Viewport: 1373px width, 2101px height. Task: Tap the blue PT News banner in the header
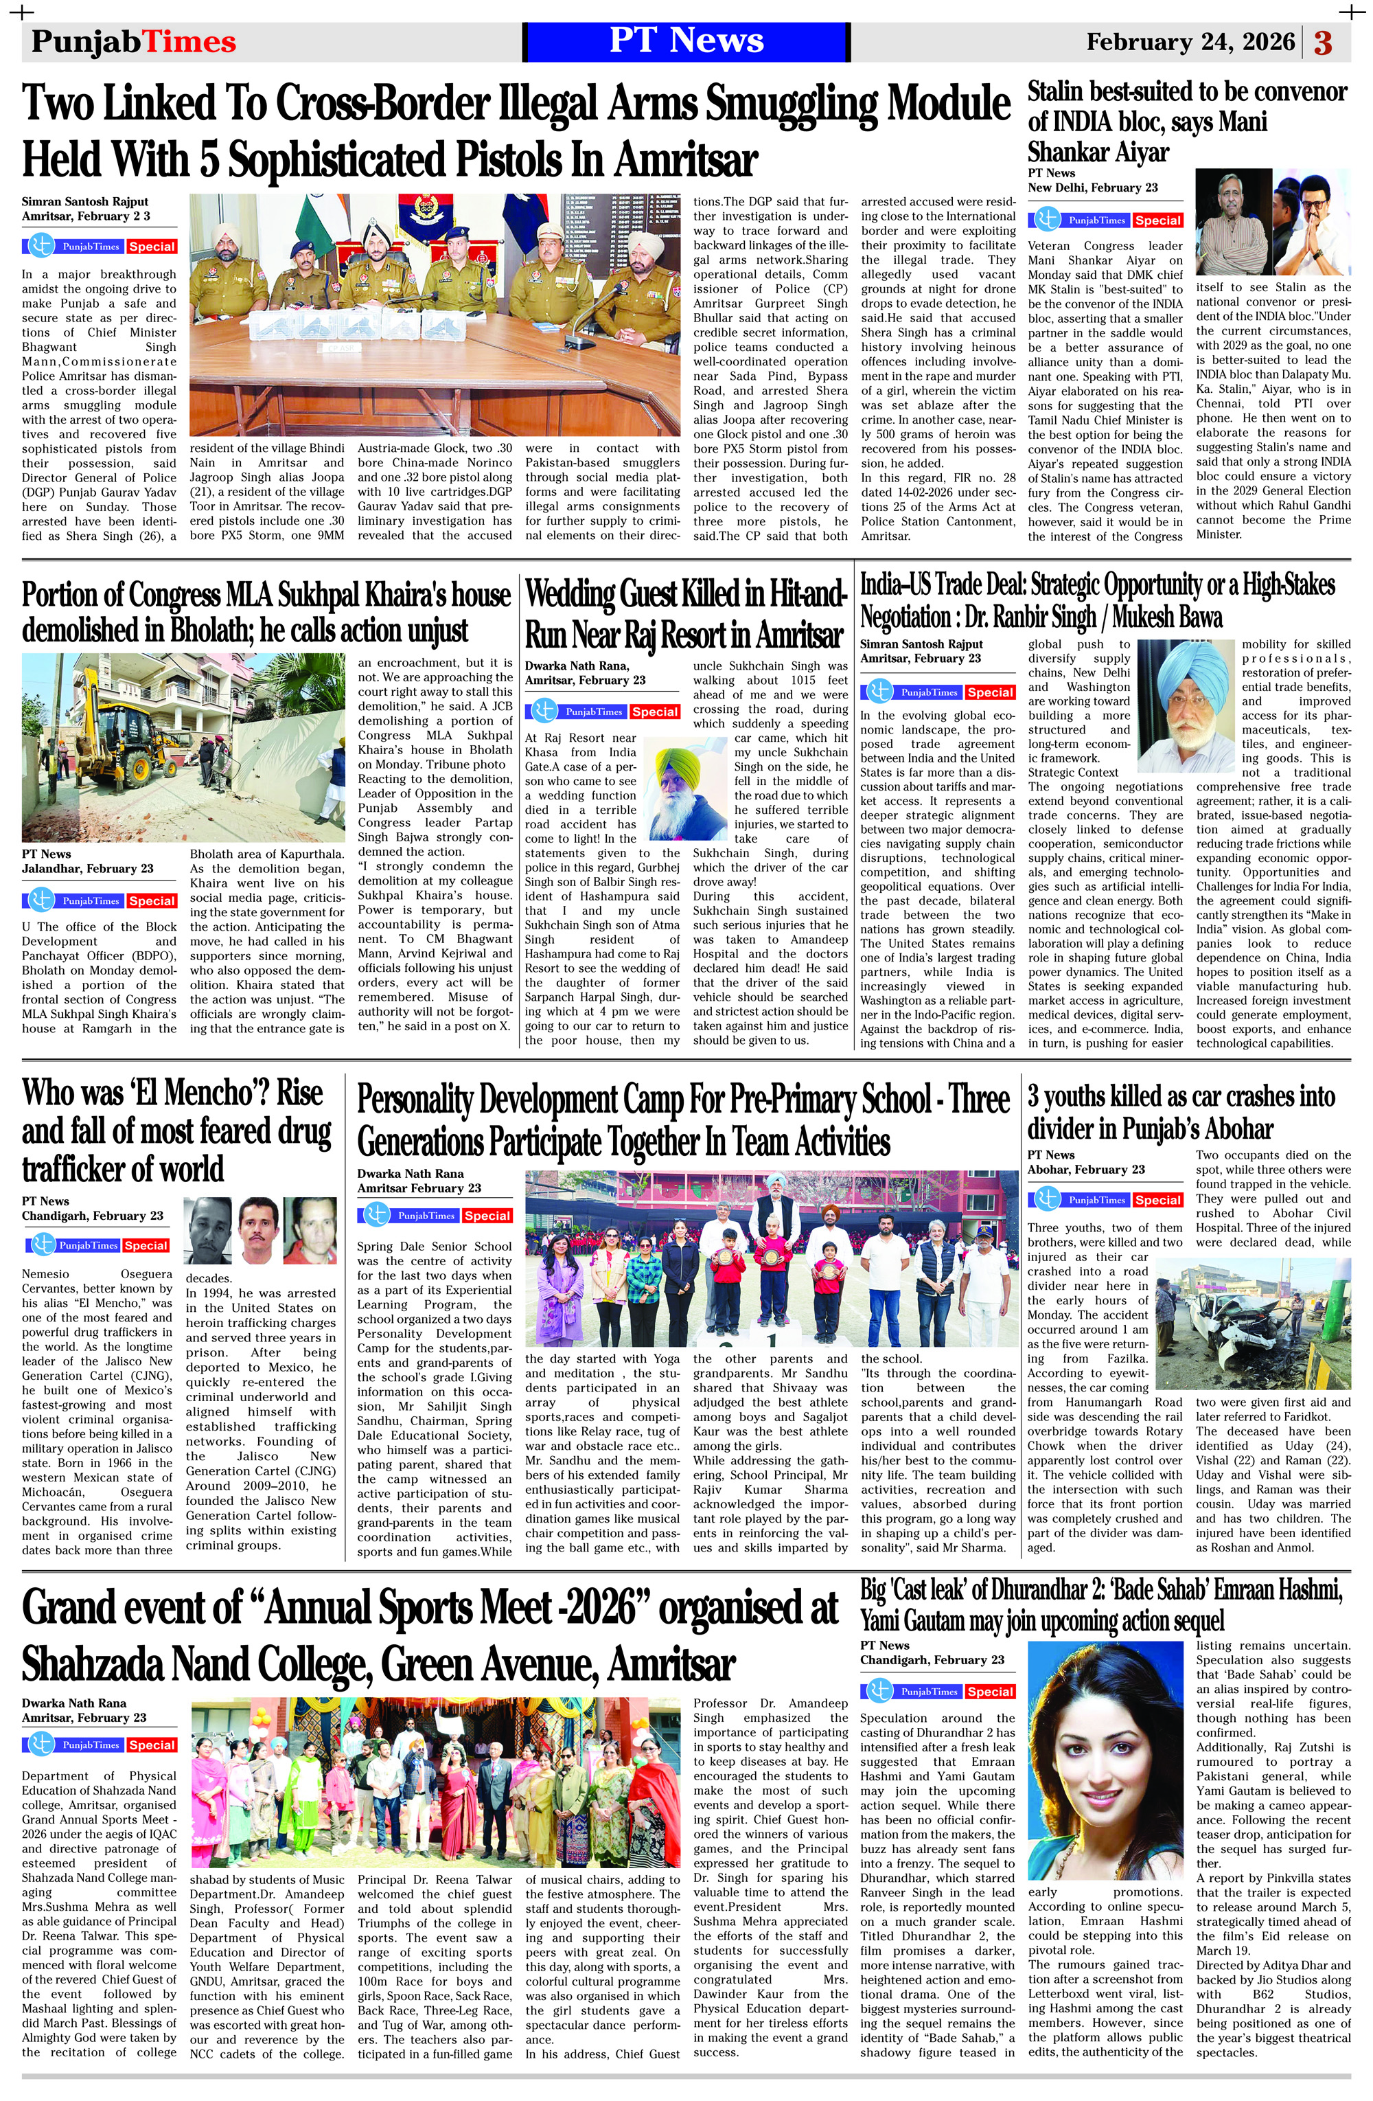point(686,41)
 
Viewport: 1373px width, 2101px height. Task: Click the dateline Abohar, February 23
point(1085,1170)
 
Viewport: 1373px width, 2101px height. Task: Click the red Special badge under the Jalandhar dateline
point(152,900)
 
